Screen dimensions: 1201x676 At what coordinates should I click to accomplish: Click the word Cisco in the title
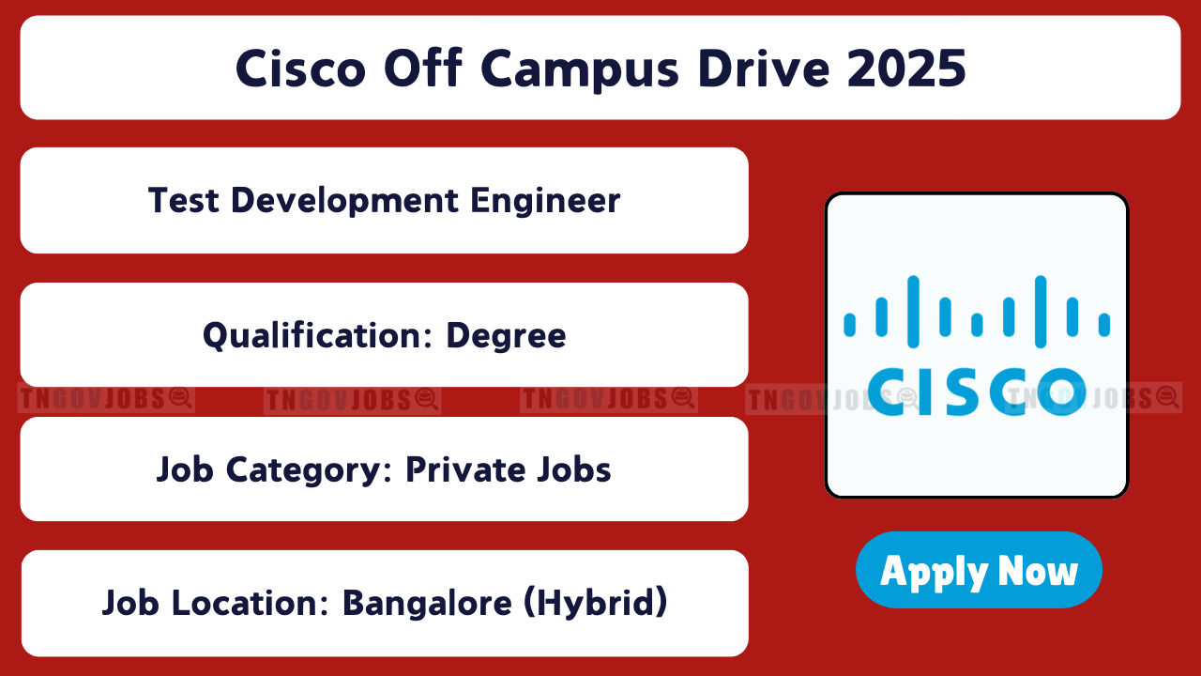301,69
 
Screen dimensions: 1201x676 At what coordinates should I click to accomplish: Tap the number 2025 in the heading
906,69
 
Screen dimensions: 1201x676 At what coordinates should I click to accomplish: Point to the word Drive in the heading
764,69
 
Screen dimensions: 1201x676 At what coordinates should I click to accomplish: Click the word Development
344,202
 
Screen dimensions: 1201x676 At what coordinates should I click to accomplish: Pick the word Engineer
545,202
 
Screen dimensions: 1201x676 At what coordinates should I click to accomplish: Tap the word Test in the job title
183,201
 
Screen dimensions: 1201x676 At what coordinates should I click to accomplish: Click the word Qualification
317,336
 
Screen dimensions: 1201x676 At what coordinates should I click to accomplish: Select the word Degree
506,337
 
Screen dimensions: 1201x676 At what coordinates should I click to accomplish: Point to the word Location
250,603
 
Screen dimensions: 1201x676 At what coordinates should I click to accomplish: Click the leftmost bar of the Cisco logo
849,325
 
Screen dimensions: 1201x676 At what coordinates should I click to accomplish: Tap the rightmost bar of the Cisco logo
1104,325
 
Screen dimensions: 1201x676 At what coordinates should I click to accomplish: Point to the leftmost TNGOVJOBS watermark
106,399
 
